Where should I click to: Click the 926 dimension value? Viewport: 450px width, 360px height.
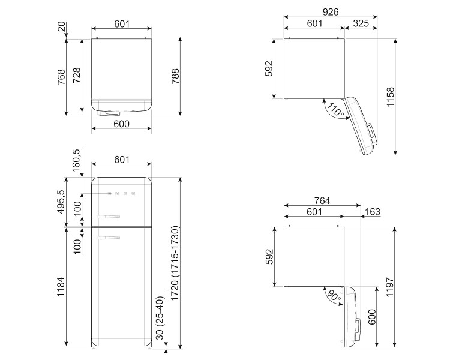click(331, 12)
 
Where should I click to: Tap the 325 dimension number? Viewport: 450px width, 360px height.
click(361, 23)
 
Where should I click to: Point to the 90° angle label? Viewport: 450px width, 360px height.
click(334, 295)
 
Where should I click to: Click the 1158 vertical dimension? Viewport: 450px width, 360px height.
click(391, 97)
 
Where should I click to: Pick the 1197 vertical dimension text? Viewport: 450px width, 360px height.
click(390, 287)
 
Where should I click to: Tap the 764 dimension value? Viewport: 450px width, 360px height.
click(322, 200)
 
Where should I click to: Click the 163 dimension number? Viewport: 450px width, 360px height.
click(373, 212)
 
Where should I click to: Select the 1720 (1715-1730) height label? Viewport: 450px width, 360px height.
click(175, 263)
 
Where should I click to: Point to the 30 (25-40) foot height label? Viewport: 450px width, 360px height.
click(160, 318)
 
